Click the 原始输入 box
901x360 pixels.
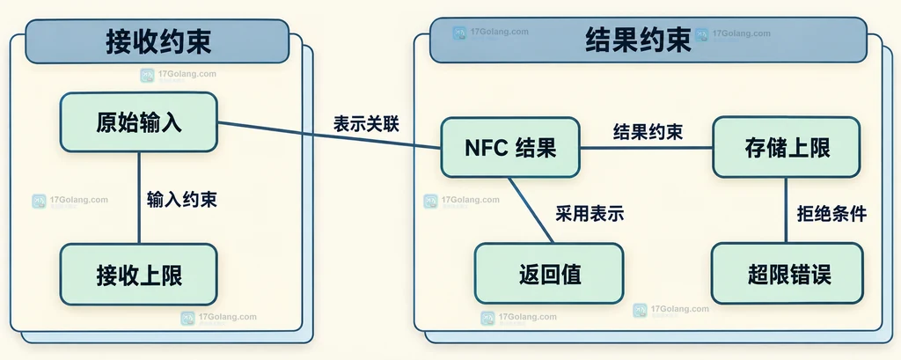pos(138,122)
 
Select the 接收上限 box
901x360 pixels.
pos(138,275)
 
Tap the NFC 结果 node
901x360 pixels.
pos(510,147)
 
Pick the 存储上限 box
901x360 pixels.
pos(786,147)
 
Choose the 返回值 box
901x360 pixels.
pos(549,273)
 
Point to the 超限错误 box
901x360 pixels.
pos(787,273)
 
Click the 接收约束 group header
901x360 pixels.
pos(157,40)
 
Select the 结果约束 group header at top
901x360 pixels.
pos(648,40)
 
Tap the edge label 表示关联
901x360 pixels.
pos(366,124)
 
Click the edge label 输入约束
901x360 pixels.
pos(181,200)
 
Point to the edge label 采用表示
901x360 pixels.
pos(590,214)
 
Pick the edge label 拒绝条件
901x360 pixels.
pos(831,214)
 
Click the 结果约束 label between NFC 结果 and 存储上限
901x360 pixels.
pos(648,132)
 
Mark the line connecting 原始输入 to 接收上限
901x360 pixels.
pos(138,198)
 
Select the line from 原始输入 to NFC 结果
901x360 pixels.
pos(329,136)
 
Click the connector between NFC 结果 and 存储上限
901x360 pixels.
pos(647,148)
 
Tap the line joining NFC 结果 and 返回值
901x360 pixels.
pos(531,209)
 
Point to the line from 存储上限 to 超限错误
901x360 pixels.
pos(786,209)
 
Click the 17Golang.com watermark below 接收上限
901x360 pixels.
pos(218,318)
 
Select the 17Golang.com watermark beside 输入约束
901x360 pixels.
pos(70,202)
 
